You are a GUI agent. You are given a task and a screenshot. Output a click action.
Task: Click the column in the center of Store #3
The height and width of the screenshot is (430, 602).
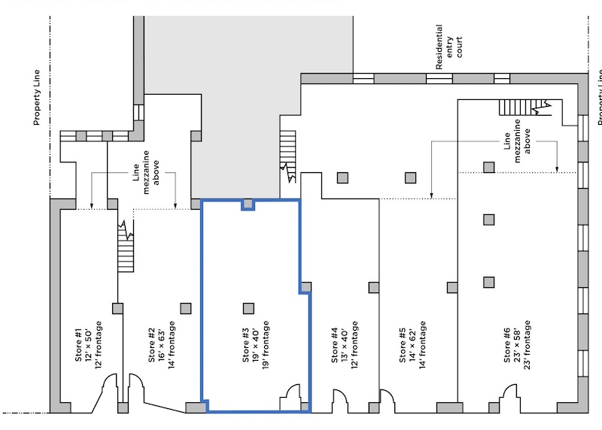[248, 307]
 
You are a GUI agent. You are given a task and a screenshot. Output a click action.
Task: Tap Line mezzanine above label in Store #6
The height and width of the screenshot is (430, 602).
[518, 139]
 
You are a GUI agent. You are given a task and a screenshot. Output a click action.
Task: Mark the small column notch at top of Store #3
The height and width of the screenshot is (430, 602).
[248, 204]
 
